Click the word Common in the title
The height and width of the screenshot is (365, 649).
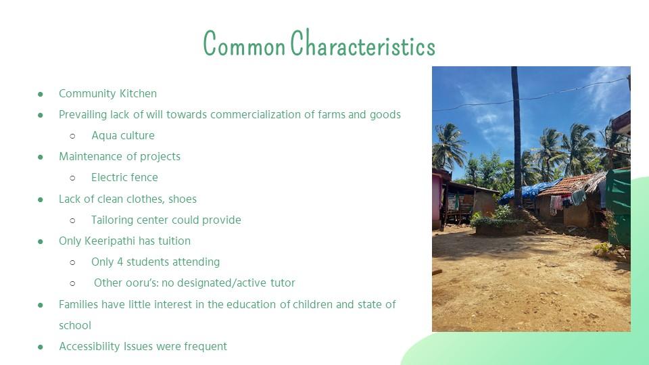pyautogui.click(x=244, y=43)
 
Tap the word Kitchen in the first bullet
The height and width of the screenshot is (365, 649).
pyautogui.click(x=138, y=93)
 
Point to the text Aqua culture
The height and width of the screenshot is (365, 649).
pyautogui.click(x=123, y=135)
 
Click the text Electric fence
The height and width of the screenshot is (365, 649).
pyautogui.click(x=124, y=178)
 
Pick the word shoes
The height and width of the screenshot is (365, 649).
pyautogui.click(x=182, y=199)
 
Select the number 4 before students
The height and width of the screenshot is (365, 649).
pyautogui.click(x=120, y=262)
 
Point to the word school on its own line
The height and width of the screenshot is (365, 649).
pyautogui.click(x=75, y=325)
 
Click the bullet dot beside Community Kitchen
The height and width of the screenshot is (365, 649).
pyautogui.click(x=40, y=95)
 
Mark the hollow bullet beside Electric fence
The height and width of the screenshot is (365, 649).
pyautogui.click(x=73, y=178)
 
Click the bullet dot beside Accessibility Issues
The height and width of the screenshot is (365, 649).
pyautogui.click(x=40, y=347)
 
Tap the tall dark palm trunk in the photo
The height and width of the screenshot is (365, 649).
pyautogui.click(x=516, y=137)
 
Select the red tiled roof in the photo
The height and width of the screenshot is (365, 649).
pyautogui.click(x=567, y=185)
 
